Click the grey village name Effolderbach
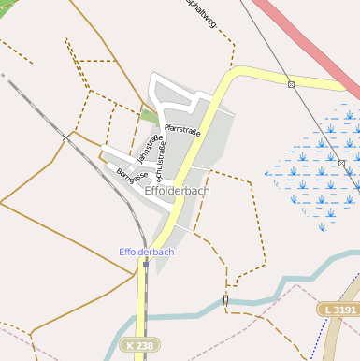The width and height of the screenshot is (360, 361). point(178,191)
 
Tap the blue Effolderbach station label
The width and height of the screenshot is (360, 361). point(146,252)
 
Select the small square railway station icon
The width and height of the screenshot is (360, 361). point(146,264)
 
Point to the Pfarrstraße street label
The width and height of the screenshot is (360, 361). point(182,130)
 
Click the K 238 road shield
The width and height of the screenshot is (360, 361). point(138,346)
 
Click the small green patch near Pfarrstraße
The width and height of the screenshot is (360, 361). point(150,117)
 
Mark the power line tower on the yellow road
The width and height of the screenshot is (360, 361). point(292,85)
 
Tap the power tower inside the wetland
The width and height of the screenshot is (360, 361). point(342,163)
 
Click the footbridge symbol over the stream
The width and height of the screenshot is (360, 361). point(225,299)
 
